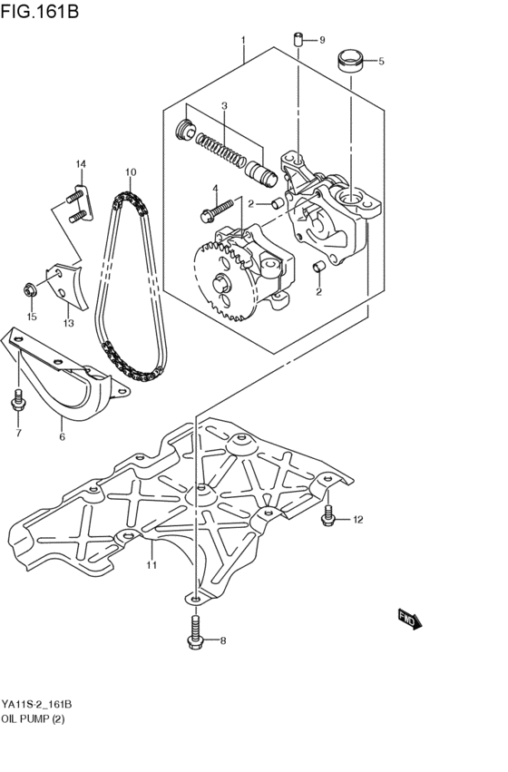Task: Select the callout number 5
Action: point(381,62)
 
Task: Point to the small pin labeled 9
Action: point(297,40)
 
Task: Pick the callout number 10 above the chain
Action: point(131,171)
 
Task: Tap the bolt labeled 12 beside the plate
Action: point(328,517)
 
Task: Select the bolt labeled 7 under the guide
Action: point(18,401)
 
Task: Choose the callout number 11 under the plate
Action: point(151,565)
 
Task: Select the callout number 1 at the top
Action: point(243,40)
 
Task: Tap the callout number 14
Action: point(81,163)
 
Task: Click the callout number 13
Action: point(68,322)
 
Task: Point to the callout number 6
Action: point(62,437)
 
